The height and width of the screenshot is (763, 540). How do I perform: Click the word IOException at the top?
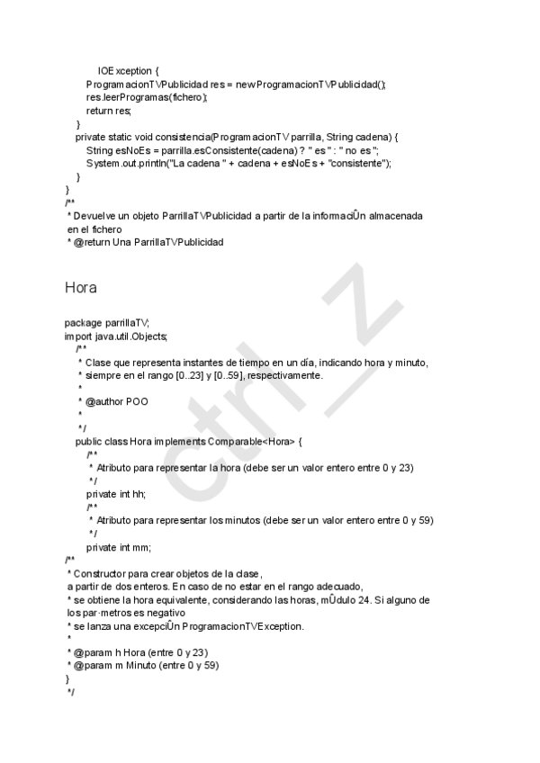click(125, 71)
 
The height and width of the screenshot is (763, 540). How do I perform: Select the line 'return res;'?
click(109, 111)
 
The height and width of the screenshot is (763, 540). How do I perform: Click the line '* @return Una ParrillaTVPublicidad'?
click(144, 243)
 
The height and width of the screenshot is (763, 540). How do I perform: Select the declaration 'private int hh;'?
click(115, 494)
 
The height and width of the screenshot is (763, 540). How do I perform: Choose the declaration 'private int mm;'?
click(118, 547)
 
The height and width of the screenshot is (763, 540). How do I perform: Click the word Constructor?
click(98, 573)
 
